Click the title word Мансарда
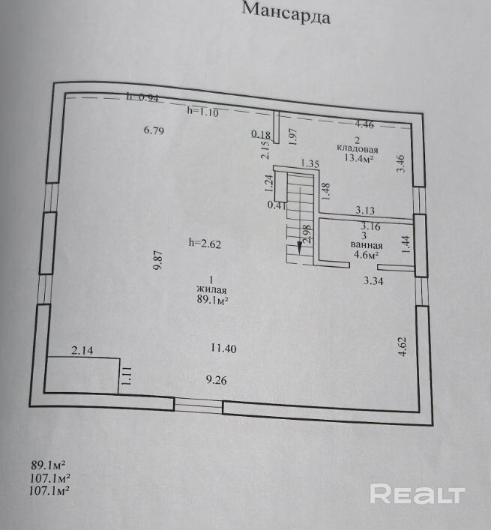286,14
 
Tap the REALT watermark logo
418,494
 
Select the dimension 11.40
223,348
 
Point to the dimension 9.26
216,380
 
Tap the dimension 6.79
154,130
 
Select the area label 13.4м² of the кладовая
358,158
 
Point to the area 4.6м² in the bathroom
366,255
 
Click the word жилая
211,289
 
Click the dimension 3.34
373,281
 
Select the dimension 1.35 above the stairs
310,164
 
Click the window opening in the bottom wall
199,405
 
